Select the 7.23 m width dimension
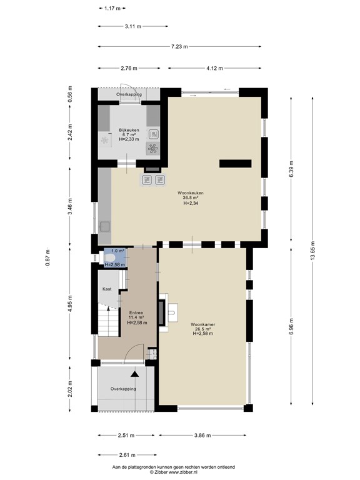(179, 46)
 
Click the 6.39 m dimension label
(291, 166)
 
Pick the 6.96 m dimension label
(291, 326)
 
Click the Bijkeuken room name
(129, 129)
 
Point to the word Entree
(136, 312)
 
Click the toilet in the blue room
(110, 257)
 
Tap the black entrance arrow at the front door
(134, 374)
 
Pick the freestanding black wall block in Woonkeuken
(234, 164)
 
